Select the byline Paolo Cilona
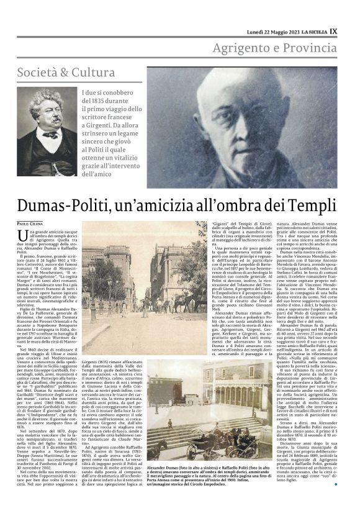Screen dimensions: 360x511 pyautogui.click(x=30, y=222)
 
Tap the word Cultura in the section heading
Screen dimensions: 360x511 pyautogui.click(x=93, y=72)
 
